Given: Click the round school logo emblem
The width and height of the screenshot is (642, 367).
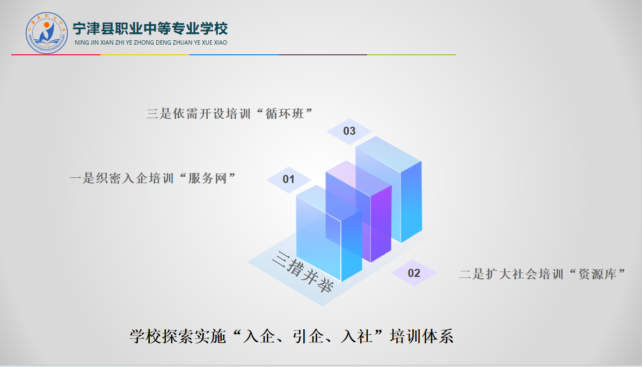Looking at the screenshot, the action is tap(47, 33).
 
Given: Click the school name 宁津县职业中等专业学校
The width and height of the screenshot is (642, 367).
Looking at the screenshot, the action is tap(150, 28).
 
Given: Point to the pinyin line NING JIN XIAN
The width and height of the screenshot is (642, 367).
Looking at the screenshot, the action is tap(151, 42).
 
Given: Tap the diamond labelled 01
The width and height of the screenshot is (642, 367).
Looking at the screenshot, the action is tap(289, 179).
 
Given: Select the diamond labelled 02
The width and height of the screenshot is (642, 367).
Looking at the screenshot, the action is tap(414, 273).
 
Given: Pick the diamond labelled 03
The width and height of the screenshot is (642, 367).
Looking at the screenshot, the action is tap(349, 131).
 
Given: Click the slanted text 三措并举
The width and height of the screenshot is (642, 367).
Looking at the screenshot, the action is tap(303, 271).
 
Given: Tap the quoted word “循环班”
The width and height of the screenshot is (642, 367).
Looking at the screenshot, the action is tap(285, 113).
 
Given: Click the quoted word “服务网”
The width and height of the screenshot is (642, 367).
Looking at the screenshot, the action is tap(208, 178).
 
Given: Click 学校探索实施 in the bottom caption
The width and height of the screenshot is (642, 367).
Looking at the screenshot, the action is tap(178, 336).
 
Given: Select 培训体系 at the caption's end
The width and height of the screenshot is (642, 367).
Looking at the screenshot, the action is tap(422, 336).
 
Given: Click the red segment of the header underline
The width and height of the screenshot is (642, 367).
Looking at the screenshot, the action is tap(56, 54).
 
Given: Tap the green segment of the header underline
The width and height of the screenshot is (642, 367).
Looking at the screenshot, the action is tap(412, 54).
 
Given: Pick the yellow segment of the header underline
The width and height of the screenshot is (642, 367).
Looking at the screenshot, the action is tap(145, 54).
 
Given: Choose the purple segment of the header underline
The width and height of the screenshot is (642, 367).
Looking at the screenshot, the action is tap(323, 54).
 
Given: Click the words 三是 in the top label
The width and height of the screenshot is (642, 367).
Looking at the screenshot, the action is tap(159, 113).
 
